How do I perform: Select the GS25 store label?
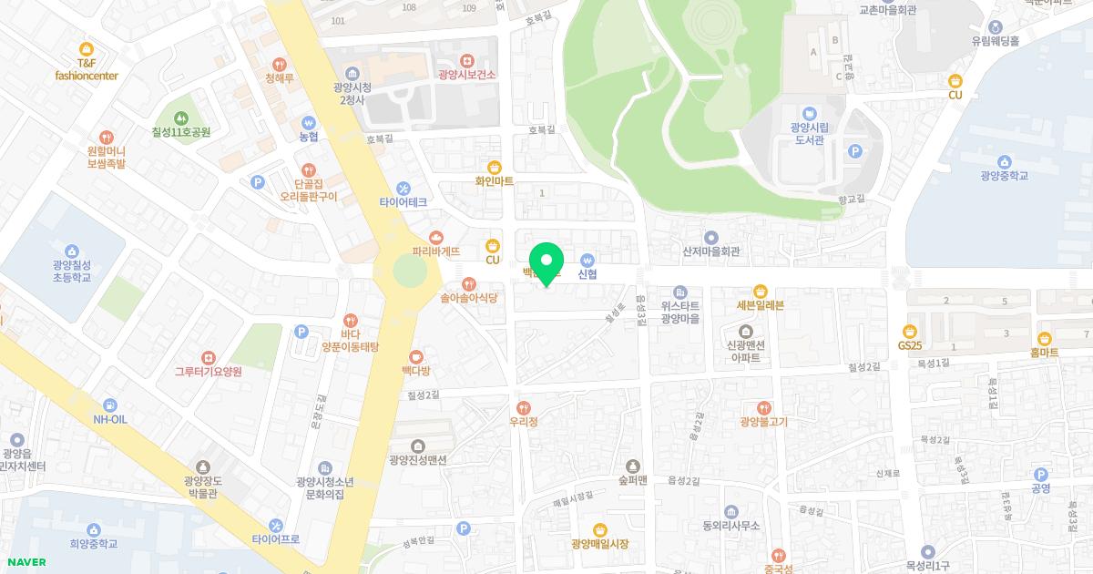point(909,346)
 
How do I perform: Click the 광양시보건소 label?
point(466,75)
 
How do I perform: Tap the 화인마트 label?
point(495,181)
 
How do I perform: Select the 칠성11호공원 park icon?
point(181,117)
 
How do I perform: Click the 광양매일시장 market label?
point(600,544)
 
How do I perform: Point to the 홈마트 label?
point(1044,352)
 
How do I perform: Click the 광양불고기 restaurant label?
point(763,422)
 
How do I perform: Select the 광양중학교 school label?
point(1004,176)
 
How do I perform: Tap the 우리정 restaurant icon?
point(523,407)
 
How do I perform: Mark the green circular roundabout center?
point(409,272)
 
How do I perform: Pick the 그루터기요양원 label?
point(209,372)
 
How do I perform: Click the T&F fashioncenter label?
point(87,69)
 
